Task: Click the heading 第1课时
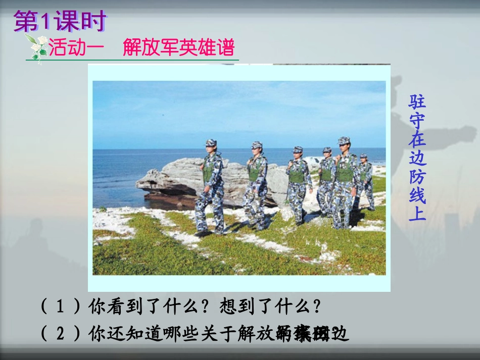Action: (60, 22)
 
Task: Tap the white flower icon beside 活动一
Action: (37, 47)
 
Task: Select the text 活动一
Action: (76, 48)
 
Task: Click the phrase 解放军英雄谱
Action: (179, 48)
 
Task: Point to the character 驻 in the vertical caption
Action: (417, 101)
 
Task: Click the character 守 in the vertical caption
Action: (417, 120)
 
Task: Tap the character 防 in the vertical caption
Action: (417, 176)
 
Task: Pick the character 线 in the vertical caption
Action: (417, 195)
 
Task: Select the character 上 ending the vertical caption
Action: (417, 213)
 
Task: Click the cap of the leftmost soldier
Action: (211, 142)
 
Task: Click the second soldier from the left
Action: (257, 184)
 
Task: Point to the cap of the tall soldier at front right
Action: (344, 140)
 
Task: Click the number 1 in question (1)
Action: (61, 306)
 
